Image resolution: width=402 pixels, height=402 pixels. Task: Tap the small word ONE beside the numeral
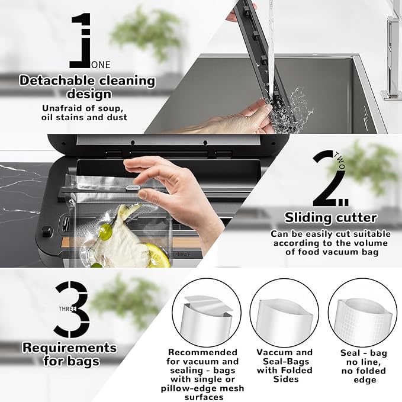[101, 65]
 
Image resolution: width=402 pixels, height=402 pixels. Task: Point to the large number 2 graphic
[329, 179]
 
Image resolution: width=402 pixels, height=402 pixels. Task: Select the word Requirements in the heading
[69, 348]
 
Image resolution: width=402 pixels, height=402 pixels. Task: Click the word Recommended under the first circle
[202, 352]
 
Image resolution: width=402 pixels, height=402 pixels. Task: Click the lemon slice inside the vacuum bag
[156, 255]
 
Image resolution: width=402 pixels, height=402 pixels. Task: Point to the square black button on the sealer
[47, 231]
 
